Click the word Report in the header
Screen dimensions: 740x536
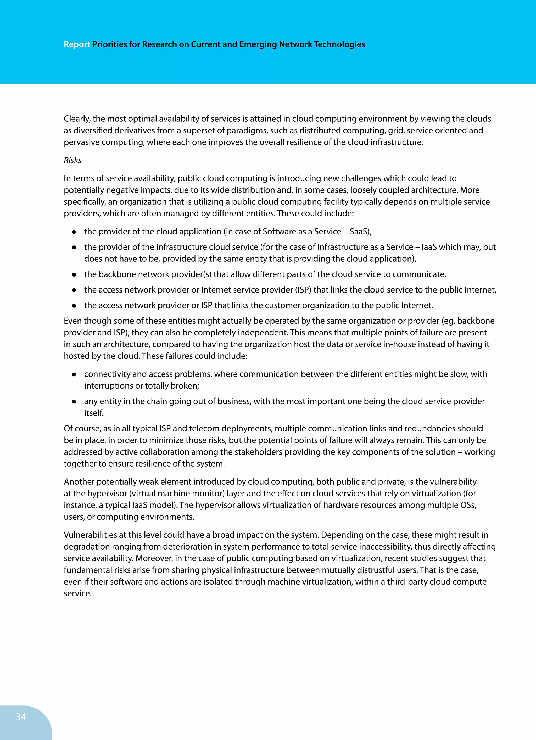point(77,44)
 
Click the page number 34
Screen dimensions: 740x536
point(21,716)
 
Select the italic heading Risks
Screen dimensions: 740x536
point(72,160)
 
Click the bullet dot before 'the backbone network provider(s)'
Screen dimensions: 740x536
point(74,275)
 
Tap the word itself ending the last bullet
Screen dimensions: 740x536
point(94,413)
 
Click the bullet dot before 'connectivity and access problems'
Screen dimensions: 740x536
point(74,374)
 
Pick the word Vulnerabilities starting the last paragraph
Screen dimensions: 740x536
point(91,535)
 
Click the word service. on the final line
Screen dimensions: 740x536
point(78,593)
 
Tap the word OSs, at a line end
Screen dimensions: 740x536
point(468,505)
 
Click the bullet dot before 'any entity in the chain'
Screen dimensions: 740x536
point(74,402)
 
